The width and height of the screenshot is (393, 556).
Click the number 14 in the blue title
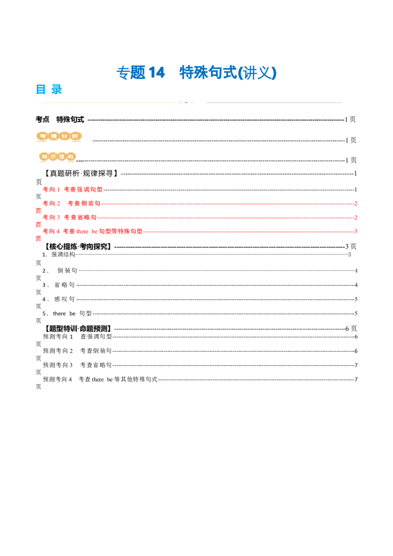[154, 73]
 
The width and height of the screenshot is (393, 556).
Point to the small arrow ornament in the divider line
[186, 102]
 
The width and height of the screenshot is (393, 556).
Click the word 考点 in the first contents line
[43, 119]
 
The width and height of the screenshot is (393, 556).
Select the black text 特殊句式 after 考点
[70, 119]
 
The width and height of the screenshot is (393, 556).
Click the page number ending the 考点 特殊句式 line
[350, 119]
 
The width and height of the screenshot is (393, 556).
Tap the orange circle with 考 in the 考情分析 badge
[43, 136]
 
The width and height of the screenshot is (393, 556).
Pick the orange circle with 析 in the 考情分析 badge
[75, 136]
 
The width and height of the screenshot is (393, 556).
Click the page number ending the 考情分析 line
[350, 140]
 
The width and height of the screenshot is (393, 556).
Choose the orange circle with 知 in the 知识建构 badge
[45, 157]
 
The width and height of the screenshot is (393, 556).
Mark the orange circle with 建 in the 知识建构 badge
[62, 157]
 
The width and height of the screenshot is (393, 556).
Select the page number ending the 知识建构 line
[350, 160]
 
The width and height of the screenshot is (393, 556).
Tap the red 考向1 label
[51, 189]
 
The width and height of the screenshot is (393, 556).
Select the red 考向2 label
[51, 203]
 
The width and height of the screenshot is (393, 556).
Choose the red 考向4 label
[51, 231]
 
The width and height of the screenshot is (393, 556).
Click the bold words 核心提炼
[63, 247]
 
